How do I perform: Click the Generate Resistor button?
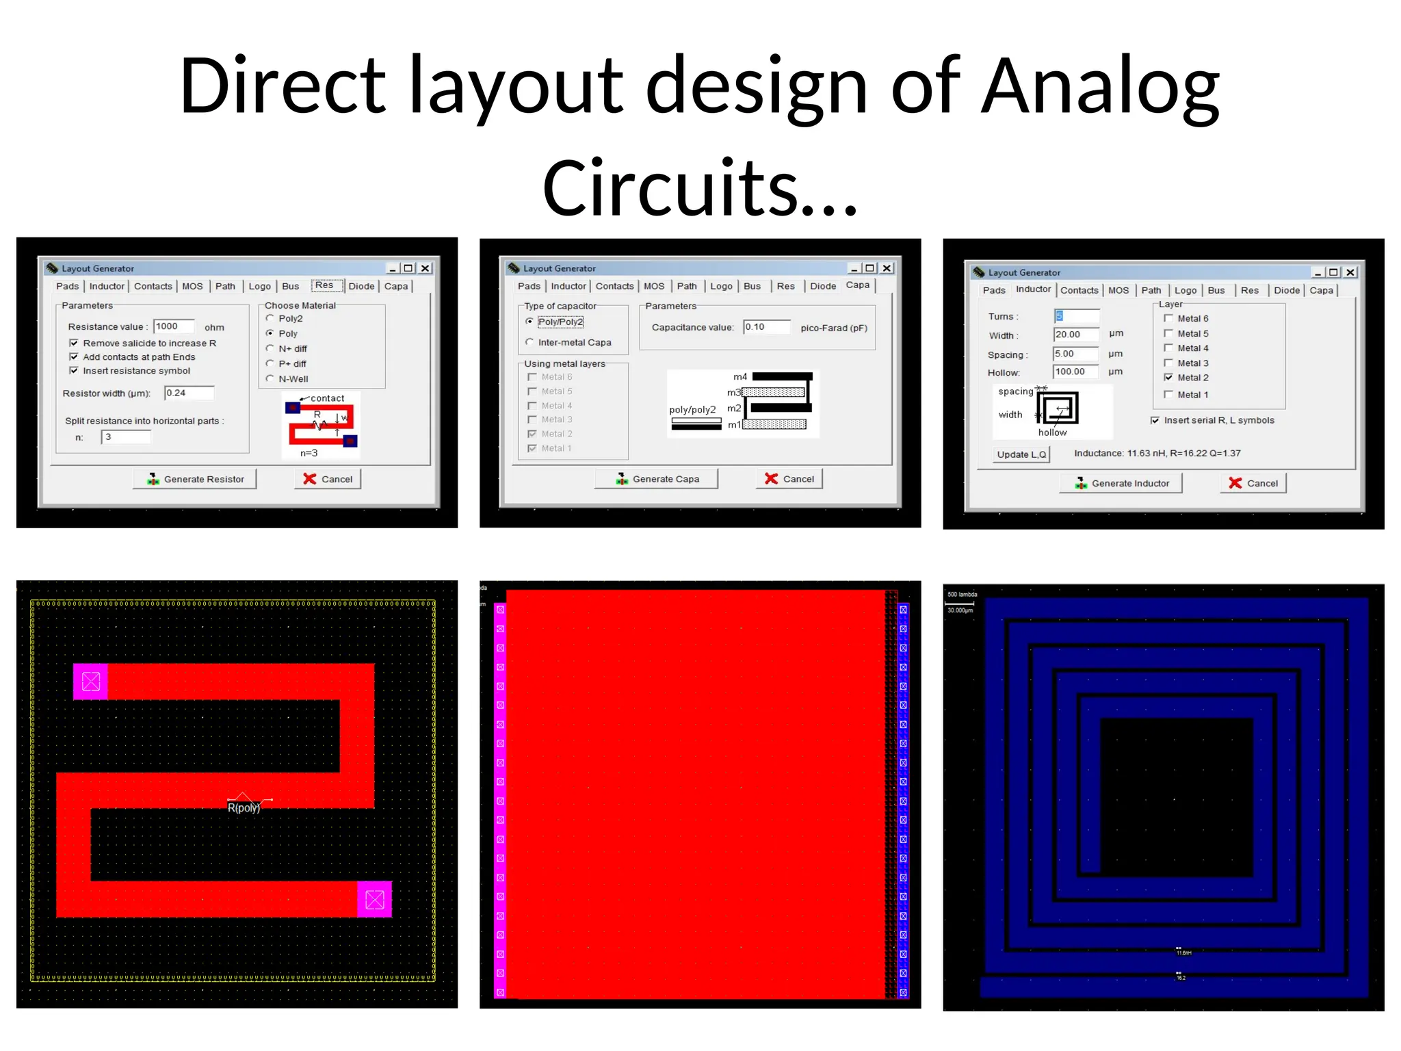coord(195,479)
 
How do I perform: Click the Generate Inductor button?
coord(1121,483)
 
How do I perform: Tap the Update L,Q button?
coord(1021,454)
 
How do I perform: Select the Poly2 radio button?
coord(270,319)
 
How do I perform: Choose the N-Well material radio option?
coord(270,378)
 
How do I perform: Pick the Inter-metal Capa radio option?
coord(529,342)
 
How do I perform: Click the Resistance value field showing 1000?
coord(174,326)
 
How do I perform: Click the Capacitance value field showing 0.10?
coord(766,327)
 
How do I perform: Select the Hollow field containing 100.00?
coord(1075,372)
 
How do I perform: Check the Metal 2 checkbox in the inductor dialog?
coord(1168,378)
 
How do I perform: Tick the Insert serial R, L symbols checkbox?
coord(1155,420)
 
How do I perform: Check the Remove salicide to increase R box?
coord(74,343)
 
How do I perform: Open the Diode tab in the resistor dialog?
coord(361,286)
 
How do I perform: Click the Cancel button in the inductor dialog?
coord(1253,483)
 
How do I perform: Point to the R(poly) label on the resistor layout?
coord(244,807)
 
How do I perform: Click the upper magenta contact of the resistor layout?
coord(91,682)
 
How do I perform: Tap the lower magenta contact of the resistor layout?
coord(374,899)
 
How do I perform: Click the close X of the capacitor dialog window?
coord(887,268)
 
